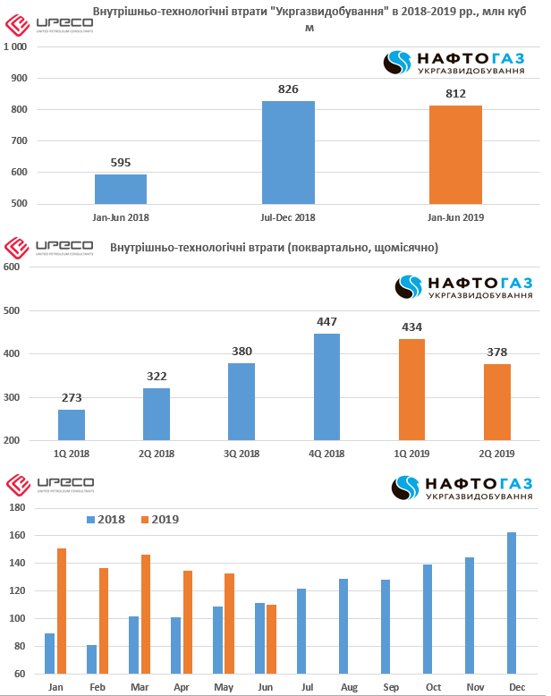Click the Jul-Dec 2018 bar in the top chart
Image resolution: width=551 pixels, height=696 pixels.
[x=288, y=152]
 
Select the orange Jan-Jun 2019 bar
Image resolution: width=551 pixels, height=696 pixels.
[x=455, y=155]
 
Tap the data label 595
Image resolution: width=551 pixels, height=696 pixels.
[x=121, y=162]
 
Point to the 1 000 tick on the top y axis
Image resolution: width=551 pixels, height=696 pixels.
[x=15, y=47]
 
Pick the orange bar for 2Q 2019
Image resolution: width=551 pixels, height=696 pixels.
[x=496, y=402]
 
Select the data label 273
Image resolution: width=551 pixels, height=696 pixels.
[x=72, y=397]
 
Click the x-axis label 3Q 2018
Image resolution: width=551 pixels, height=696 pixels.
[x=242, y=454]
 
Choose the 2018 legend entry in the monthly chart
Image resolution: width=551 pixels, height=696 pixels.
[x=106, y=520]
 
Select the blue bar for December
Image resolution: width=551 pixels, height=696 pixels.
[x=512, y=603]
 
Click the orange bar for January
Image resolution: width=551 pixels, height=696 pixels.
[x=62, y=611]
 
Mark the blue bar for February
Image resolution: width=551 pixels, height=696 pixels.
[x=91, y=659]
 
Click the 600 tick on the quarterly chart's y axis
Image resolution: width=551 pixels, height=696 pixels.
[x=12, y=267]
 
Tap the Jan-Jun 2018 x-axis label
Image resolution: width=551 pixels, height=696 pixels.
[x=121, y=216]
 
